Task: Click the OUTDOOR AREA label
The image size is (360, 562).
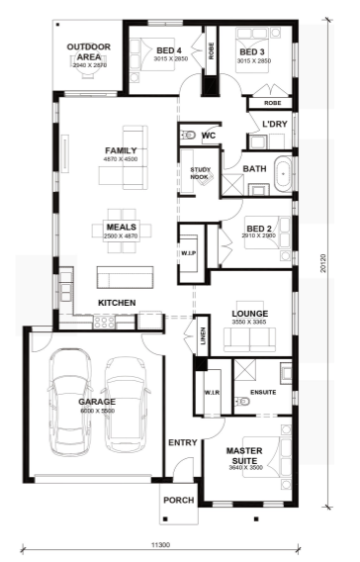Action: click(88, 51)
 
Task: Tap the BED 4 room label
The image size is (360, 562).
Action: click(169, 51)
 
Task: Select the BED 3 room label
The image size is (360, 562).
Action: click(252, 51)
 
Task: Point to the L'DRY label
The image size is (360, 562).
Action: click(273, 124)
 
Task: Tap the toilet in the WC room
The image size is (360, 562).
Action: click(188, 135)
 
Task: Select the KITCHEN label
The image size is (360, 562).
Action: click(116, 302)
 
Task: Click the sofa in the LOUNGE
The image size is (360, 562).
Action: click(250, 341)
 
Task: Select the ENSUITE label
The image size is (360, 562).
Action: click(262, 392)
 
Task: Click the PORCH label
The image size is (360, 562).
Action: click(179, 500)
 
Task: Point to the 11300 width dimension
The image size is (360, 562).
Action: click(162, 544)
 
